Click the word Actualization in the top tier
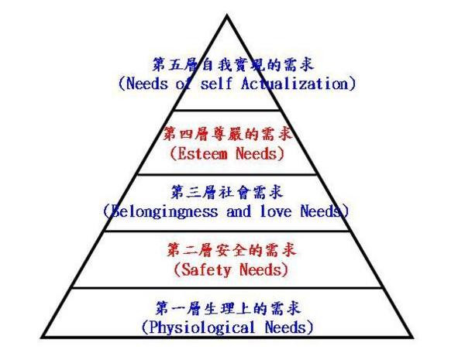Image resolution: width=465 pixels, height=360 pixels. pyautogui.click(x=302, y=84)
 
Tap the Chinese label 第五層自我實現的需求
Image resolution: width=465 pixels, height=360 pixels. pyautogui.click(x=232, y=63)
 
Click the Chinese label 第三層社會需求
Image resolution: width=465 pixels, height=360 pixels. pyautogui.click(x=227, y=191)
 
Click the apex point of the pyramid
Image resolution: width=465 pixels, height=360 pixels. pyautogui.click(x=228, y=15)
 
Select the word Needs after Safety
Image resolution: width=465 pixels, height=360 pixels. pyautogui.click(x=260, y=270)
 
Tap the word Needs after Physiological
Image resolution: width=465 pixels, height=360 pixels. pyautogui.click(x=288, y=327)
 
